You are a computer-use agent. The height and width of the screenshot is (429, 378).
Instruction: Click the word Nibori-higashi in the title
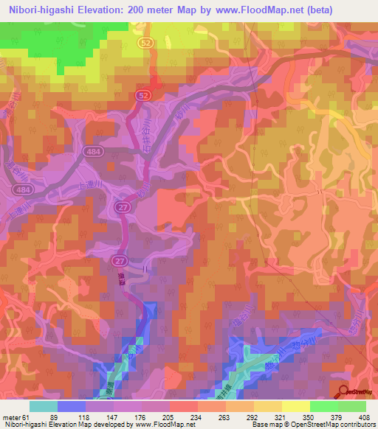pyautogui.click(x=39, y=10)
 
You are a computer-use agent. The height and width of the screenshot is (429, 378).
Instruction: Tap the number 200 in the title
pyautogui.click(x=141, y=10)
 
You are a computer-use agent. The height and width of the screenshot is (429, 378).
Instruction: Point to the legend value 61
pyautogui.click(x=27, y=416)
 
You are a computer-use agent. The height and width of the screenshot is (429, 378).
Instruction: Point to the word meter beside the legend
pyautogui.click(x=11, y=416)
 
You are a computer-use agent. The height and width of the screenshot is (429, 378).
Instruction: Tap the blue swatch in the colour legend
pyautogui.click(x=72, y=405)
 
